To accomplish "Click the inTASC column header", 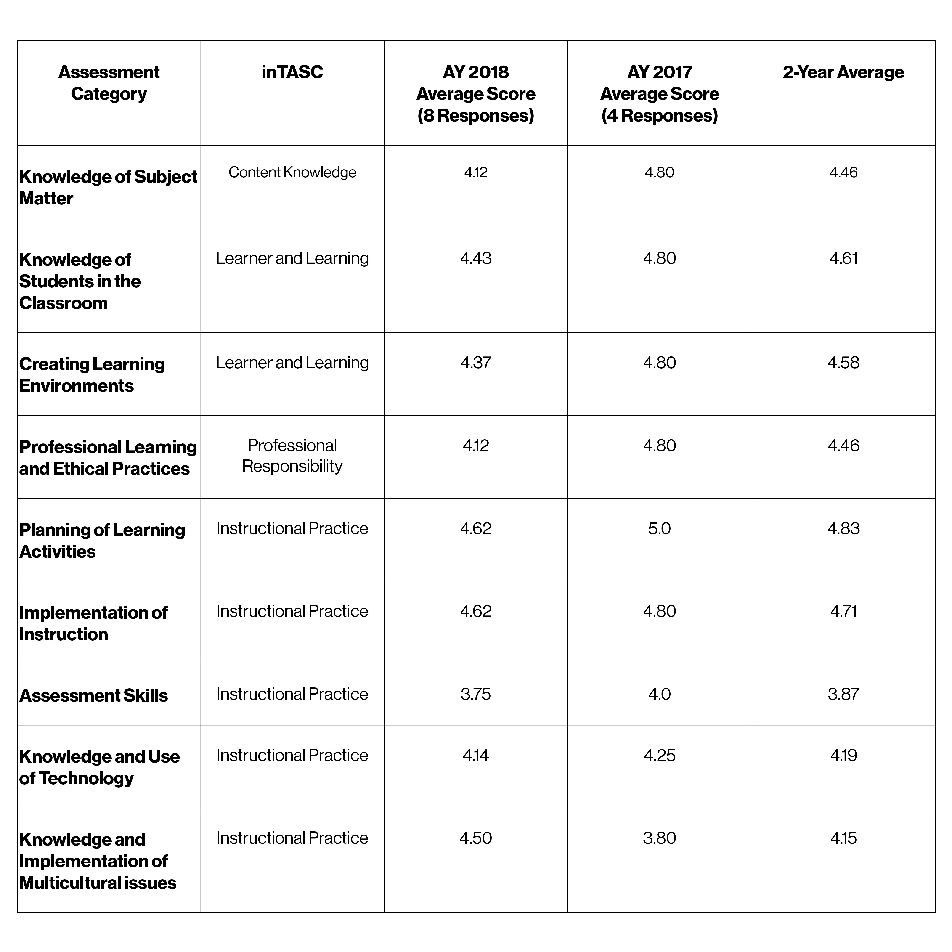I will [x=292, y=72].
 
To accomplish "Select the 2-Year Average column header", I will [x=843, y=72].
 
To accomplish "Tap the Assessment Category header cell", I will [x=109, y=83].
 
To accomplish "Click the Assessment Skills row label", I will [x=94, y=695].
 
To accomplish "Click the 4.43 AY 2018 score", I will [x=475, y=258].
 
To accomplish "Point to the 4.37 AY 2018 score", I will [x=475, y=363].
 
